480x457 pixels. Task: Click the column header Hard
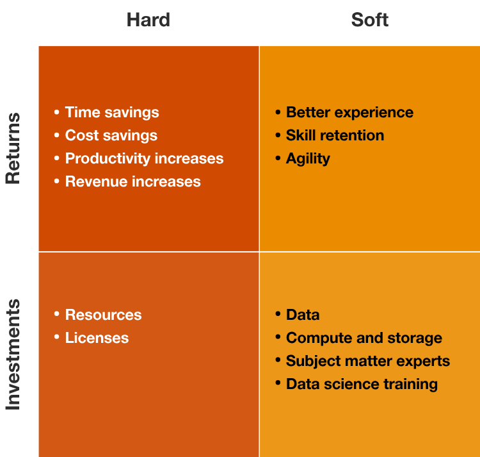[x=148, y=20]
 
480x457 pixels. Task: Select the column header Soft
[x=370, y=20]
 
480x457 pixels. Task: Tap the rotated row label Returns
[x=13, y=149]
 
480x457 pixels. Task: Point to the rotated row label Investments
[x=13, y=354]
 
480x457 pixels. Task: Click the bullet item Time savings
[x=112, y=112]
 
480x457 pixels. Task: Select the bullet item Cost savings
[x=111, y=135]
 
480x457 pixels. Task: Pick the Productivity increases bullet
[x=144, y=158]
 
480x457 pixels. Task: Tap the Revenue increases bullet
[x=132, y=181]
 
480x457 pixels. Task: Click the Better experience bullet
[x=349, y=112]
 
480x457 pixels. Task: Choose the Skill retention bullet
[x=335, y=135]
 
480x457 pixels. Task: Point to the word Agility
[x=308, y=158]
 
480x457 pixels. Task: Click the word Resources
[x=103, y=315]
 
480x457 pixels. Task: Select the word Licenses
[x=97, y=338]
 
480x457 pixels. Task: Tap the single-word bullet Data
[x=303, y=315]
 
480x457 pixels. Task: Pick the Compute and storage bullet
[x=364, y=338]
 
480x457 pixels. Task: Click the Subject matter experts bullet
[x=367, y=361]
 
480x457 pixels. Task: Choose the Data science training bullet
[x=362, y=384]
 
